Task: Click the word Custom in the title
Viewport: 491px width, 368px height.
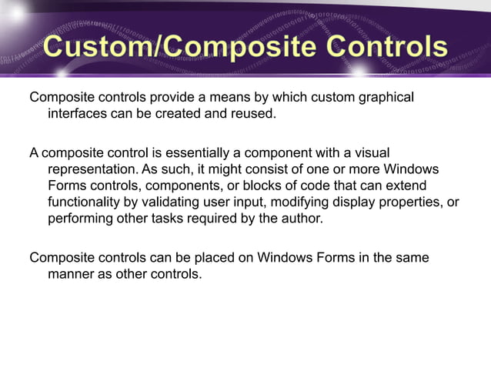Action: (93, 48)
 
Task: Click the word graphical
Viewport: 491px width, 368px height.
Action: (384, 98)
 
